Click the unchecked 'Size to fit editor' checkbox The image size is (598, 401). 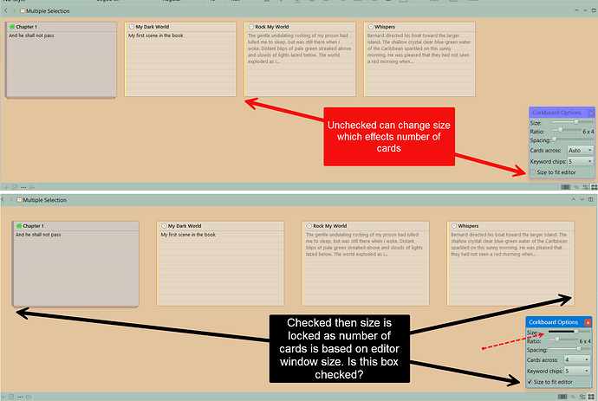tap(533, 171)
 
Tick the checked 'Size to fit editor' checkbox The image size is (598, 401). tap(530, 381)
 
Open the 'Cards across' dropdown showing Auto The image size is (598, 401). tap(580, 150)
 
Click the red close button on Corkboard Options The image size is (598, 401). tap(588, 322)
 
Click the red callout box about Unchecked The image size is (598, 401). tap(389, 136)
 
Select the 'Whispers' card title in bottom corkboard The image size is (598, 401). tap(469, 225)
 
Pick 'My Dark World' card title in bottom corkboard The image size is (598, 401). tap(184, 225)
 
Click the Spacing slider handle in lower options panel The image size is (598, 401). tap(578, 349)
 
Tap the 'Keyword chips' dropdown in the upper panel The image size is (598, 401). tap(580, 161)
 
